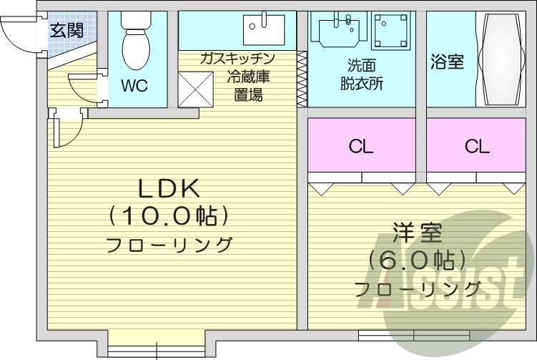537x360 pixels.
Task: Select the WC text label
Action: pyautogui.click(x=134, y=86)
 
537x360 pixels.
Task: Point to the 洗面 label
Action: pyautogui.click(x=361, y=63)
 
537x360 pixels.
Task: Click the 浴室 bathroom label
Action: pyautogui.click(x=447, y=62)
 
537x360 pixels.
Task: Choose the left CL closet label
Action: pyautogui.click(x=361, y=147)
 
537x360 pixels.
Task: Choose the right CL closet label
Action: pyautogui.click(x=476, y=147)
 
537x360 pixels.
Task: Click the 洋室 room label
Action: pyautogui.click(x=417, y=233)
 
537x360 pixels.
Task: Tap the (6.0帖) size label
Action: pyautogui.click(x=418, y=260)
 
